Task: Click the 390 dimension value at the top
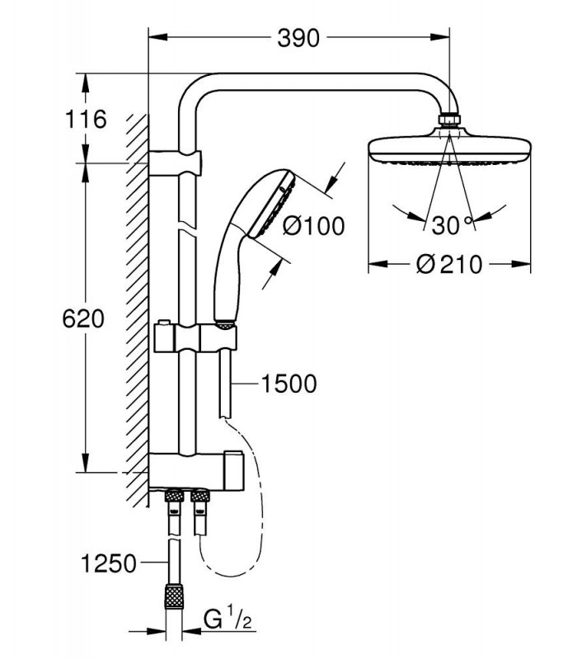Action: (x=298, y=38)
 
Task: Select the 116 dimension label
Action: (x=86, y=119)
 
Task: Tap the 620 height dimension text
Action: (x=83, y=318)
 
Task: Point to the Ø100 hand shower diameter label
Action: (x=313, y=225)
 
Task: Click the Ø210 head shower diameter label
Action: (x=448, y=264)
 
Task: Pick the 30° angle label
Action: (x=452, y=225)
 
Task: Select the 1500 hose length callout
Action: (x=289, y=384)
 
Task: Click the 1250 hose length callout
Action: (x=109, y=563)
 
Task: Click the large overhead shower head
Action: (x=449, y=148)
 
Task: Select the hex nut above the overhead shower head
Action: (x=449, y=119)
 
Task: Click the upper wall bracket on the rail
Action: (x=175, y=163)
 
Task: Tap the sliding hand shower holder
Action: (x=195, y=338)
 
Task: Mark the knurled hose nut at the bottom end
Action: (x=174, y=596)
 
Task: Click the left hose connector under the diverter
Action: (x=174, y=497)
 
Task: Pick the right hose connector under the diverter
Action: (x=199, y=497)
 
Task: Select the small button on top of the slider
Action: (x=162, y=322)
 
